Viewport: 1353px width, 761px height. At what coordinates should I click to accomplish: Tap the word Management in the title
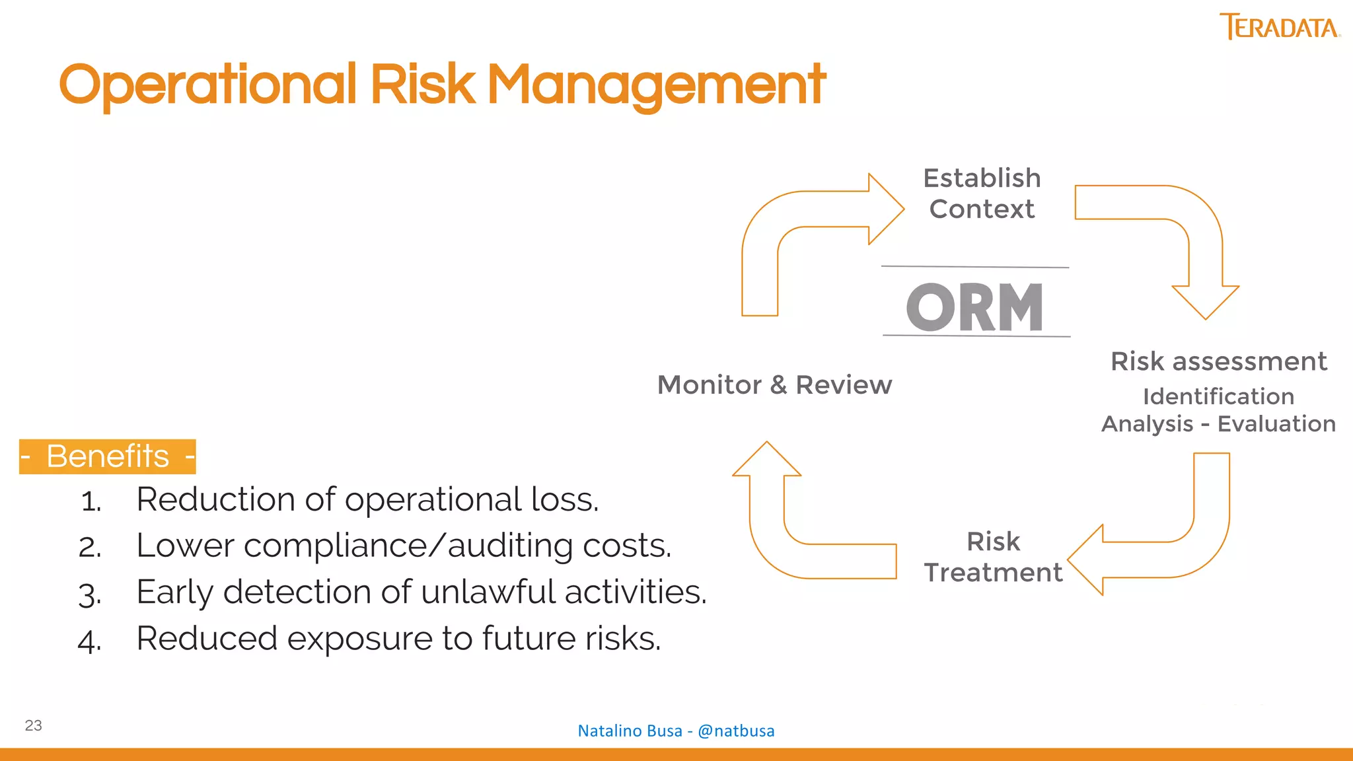[x=655, y=85]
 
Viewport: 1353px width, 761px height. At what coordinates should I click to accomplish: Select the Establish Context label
[x=982, y=194]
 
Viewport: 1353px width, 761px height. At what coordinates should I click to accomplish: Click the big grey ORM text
[x=975, y=307]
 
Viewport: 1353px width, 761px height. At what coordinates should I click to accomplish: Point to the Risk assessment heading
[x=1218, y=361]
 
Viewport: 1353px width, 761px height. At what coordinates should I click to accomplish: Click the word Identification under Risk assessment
[x=1218, y=396]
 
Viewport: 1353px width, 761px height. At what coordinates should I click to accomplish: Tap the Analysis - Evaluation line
[x=1218, y=423]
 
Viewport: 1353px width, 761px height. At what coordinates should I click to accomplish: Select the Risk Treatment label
[x=993, y=557]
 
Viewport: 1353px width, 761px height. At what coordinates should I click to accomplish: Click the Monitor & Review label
[x=774, y=384]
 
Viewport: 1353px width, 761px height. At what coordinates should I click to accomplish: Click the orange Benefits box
[x=108, y=456]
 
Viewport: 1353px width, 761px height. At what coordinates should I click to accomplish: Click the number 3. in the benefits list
[x=90, y=594]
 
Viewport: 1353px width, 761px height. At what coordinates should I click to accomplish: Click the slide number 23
[x=34, y=725]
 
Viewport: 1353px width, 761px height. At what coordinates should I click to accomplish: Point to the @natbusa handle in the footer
[x=736, y=731]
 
